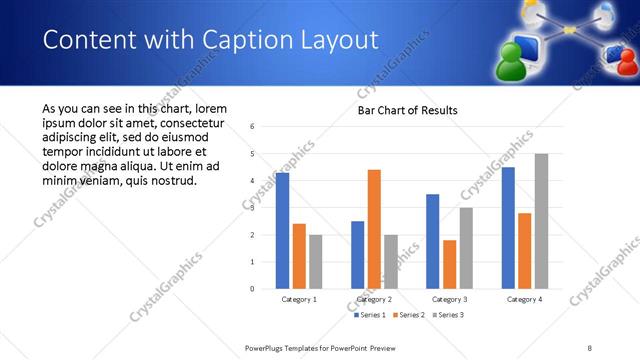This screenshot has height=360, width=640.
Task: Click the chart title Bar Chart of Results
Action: click(407, 110)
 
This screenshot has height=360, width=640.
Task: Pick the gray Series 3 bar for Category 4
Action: click(541, 221)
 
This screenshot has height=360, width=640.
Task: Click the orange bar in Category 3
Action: click(449, 264)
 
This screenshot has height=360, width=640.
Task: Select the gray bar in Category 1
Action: click(316, 261)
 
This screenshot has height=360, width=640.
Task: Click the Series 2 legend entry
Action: click(411, 315)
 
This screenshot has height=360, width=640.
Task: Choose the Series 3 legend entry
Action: click(449, 315)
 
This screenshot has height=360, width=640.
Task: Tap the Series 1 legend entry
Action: click(371, 315)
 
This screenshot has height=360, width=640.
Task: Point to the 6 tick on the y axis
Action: click(252, 127)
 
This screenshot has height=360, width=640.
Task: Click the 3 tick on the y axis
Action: click(252, 208)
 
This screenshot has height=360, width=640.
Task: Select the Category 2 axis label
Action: click(374, 299)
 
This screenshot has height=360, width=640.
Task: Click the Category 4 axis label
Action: click(524, 299)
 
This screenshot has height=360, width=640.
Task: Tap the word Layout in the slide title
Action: click(334, 40)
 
